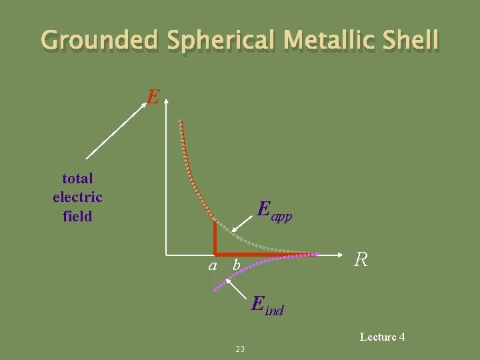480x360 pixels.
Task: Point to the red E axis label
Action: pyautogui.click(x=153, y=98)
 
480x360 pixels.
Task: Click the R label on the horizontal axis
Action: pyautogui.click(x=361, y=260)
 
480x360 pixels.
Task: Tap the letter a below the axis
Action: pyautogui.click(x=213, y=265)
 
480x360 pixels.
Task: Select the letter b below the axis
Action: pyautogui.click(x=234, y=265)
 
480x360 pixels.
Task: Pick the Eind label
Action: pyautogui.click(x=267, y=305)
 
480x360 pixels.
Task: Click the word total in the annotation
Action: pyautogui.click(x=77, y=178)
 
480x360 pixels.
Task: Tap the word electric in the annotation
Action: pyautogui.click(x=77, y=197)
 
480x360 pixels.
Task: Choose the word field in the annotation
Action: pyautogui.click(x=77, y=215)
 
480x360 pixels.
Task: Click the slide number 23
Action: pyautogui.click(x=240, y=349)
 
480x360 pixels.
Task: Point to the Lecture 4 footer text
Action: pyautogui.click(x=382, y=337)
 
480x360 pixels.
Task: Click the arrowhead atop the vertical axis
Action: pyautogui.click(x=166, y=100)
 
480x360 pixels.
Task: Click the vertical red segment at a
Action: pyautogui.click(x=215, y=237)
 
